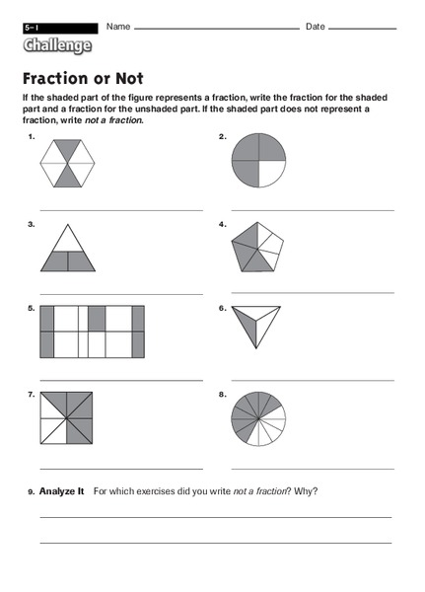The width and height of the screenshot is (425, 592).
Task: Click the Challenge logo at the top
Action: click(x=58, y=46)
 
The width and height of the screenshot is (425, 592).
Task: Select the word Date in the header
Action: click(x=316, y=26)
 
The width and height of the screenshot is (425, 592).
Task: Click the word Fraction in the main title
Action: click(x=57, y=77)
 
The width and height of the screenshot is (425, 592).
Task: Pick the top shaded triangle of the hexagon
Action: click(x=68, y=148)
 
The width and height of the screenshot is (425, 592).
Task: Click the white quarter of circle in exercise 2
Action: click(x=271, y=175)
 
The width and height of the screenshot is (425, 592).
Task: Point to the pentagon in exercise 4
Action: click(x=257, y=247)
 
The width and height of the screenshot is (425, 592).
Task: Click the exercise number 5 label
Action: click(x=32, y=308)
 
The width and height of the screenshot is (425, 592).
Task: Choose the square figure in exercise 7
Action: click(x=68, y=418)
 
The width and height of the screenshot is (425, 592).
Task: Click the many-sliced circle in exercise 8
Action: click(x=257, y=418)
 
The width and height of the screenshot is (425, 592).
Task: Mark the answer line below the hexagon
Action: click(x=120, y=210)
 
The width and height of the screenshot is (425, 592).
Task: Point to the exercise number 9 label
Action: click(x=32, y=491)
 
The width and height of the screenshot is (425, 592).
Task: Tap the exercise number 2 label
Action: click(x=223, y=136)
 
